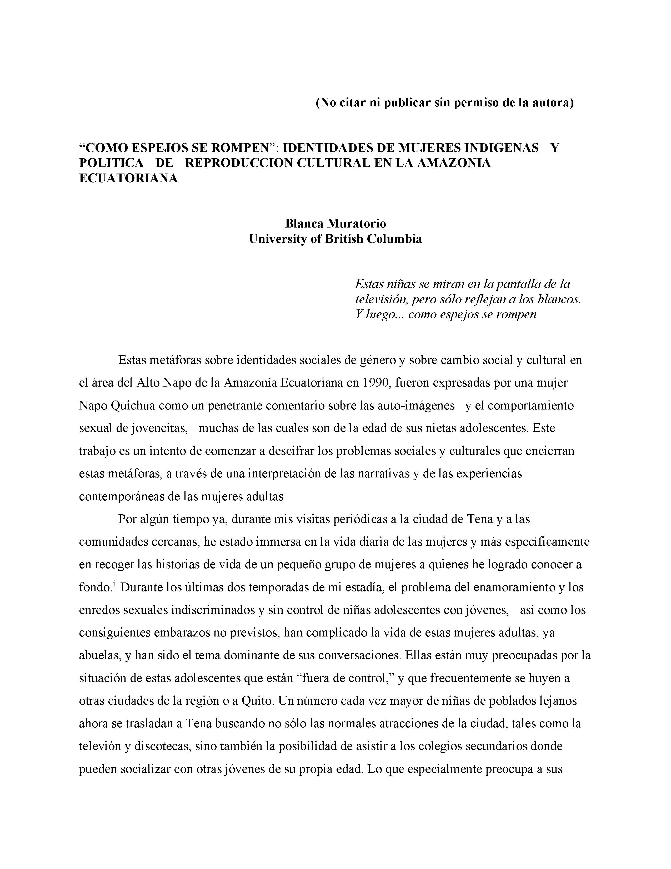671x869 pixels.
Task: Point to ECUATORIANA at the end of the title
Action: (128, 178)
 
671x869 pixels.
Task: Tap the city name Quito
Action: (257, 701)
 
